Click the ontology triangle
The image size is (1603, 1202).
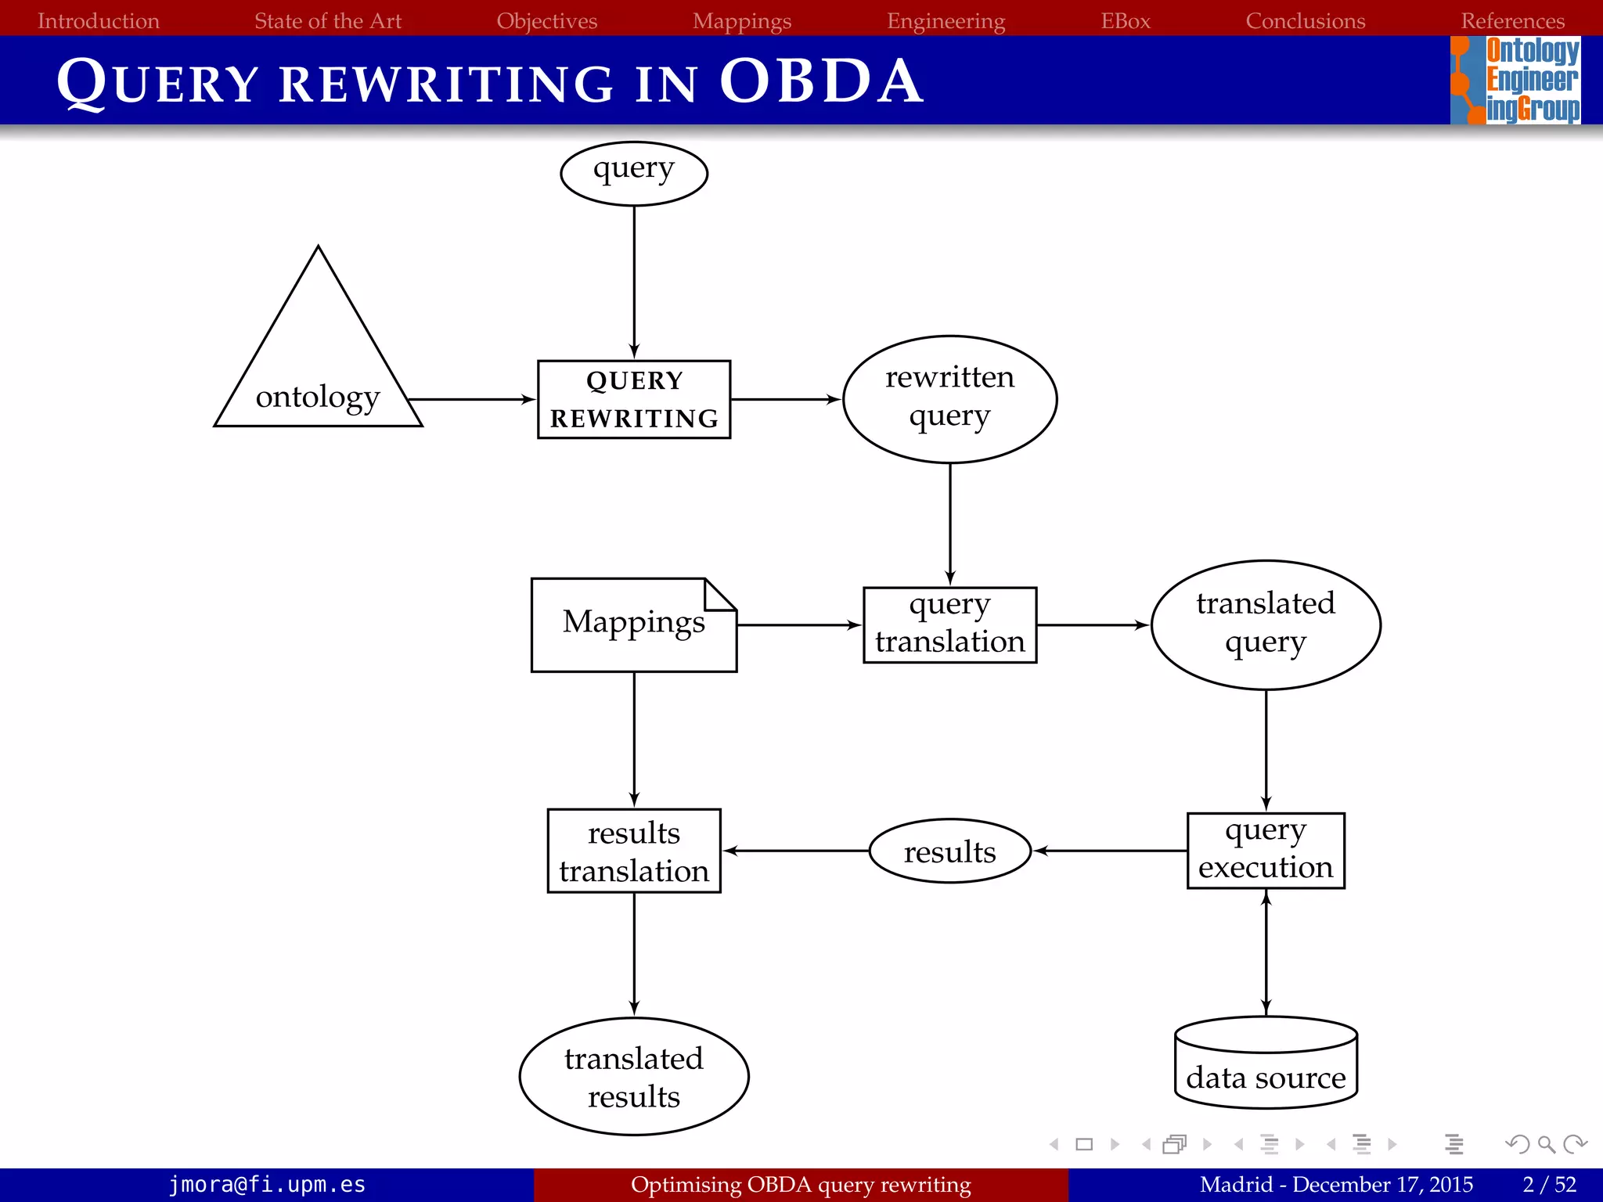coord(318,368)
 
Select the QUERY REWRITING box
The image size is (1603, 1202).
coord(634,399)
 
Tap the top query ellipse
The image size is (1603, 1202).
coord(634,173)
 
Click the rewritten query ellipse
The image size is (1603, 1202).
coord(949,399)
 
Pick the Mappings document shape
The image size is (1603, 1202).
coord(633,624)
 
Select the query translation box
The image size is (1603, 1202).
coord(949,624)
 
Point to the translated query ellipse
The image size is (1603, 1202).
coord(1266,624)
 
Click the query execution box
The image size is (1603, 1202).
coord(1266,850)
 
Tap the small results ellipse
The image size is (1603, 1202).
coord(949,851)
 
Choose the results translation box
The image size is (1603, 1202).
coord(634,851)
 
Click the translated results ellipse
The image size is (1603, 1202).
coord(634,1076)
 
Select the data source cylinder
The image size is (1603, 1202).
coord(1266,1064)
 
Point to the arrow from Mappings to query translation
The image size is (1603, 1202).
coord(798,624)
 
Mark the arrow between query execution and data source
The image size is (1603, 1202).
coord(1266,952)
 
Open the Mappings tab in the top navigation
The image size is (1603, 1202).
coord(742,20)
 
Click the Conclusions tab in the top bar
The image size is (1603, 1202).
coord(1305,20)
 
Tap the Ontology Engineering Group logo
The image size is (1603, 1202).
coord(1515,80)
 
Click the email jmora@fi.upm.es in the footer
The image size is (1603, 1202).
coord(267,1185)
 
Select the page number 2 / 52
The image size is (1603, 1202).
coord(1549,1185)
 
